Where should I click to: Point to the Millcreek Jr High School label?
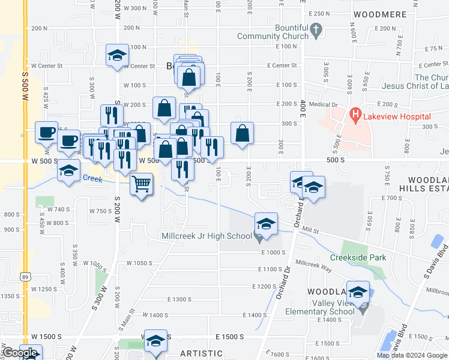tap(206, 236)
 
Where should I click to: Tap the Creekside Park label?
tap(358, 258)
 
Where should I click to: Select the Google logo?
tap(20, 353)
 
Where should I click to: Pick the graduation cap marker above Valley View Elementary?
tap(358, 292)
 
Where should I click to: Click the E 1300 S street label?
tap(179, 299)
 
